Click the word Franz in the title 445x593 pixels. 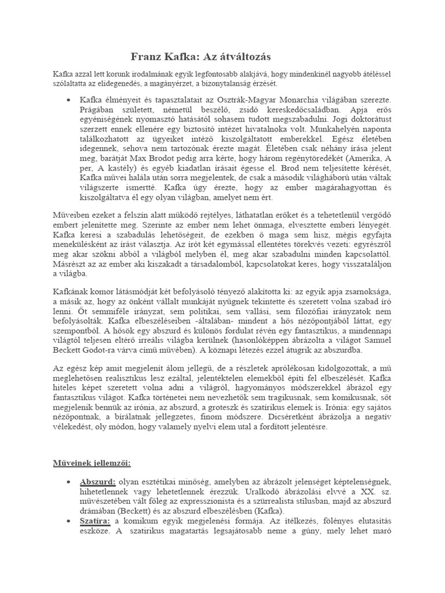click(x=145, y=57)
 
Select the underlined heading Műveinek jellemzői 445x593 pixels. click(x=89, y=463)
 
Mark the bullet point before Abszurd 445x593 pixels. click(x=68, y=482)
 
